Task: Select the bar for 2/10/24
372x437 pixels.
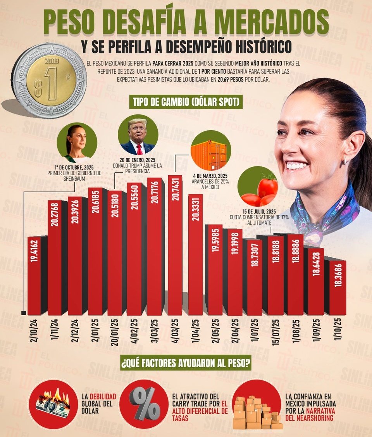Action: [34, 275]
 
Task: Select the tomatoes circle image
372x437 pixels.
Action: [258, 187]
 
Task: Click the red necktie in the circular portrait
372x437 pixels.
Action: [139, 149]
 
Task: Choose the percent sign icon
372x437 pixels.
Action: [144, 403]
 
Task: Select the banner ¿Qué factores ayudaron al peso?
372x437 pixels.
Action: [185, 364]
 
